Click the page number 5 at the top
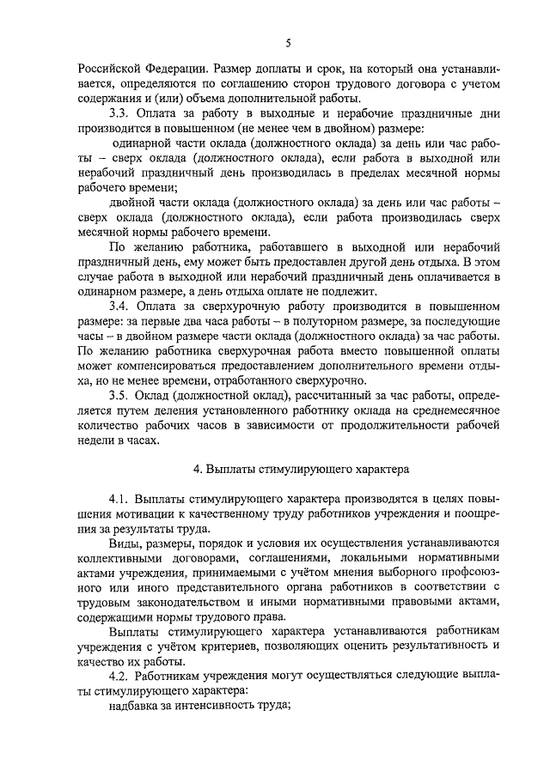(289, 42)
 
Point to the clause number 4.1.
(119, 500)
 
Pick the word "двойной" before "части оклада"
(136, 202)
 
